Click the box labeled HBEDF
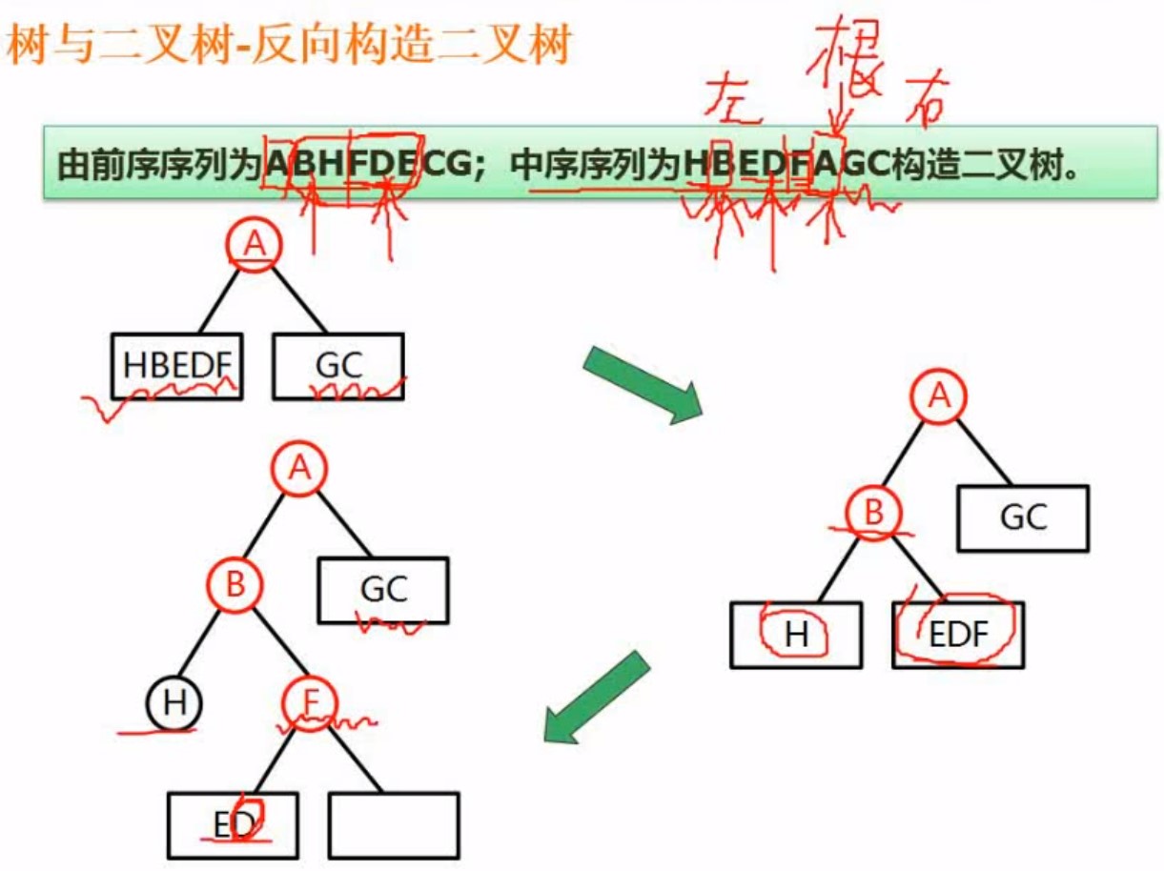pyautogui.click(x=176, y=365)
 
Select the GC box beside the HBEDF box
pyautogui.click(x=337, y=365)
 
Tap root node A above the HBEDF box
pyautogui.click(x=253, y=245)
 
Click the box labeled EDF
pyautogui.click(x=958, y=634)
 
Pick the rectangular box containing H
pyautogui.click(x=796, y=634)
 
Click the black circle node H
pyautogui.click(x=174, y=704)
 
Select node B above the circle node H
pyautogui.click(x=235, y=584)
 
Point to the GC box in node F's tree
pyautogui.click(x=383, y=590)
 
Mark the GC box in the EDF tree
pyautogui.click(x=1023, y=517)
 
